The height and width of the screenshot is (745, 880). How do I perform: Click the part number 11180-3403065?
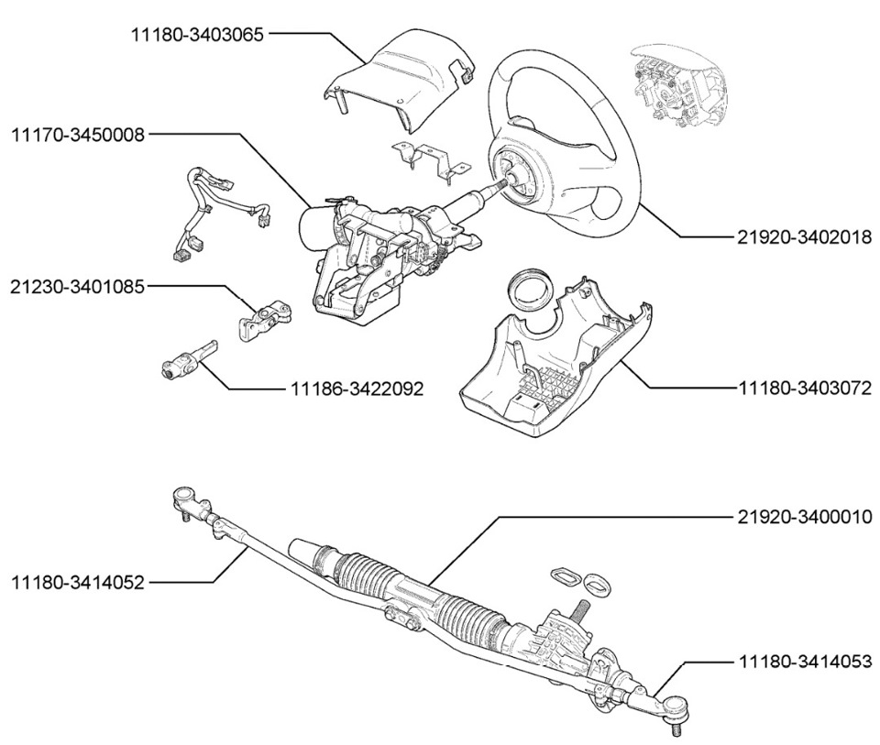point(197,35)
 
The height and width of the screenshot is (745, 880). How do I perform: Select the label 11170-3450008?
point(78,135)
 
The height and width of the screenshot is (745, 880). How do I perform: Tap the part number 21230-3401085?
point(78,287)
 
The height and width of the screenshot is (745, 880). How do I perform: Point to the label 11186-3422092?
point(357,389)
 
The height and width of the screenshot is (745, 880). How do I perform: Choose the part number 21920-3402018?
point(805,237)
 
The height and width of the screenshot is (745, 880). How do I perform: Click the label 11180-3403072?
point(805,388)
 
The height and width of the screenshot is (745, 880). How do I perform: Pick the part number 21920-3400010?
point(805,517)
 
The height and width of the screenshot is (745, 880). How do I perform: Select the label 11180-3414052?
point(78,582)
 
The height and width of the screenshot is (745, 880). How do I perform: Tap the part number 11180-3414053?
point(805,662)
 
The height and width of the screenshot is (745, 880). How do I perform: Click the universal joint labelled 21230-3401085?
point(264,320)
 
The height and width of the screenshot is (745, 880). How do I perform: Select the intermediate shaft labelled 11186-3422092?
point(188,358)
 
